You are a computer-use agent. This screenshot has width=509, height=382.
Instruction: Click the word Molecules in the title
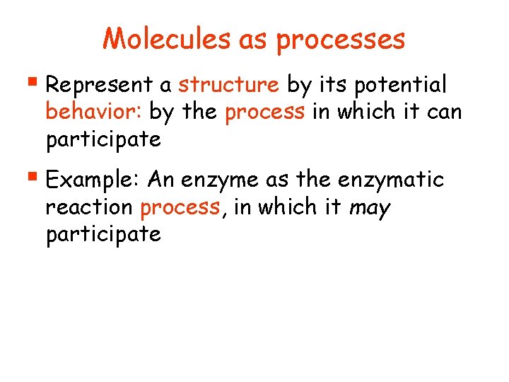[x=167, y=39]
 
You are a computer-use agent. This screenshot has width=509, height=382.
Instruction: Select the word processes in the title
[x=341, y=40]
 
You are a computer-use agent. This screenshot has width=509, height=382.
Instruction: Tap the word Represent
[x=98, y=86]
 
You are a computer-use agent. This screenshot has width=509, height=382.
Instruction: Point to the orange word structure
[x=228, y=85]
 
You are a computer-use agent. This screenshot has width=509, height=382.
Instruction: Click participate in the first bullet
[x=103, y=139]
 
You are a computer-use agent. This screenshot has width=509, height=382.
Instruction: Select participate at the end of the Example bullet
[x=103, y=235]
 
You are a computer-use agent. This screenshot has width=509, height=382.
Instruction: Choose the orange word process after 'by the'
[x=264, y=112]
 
